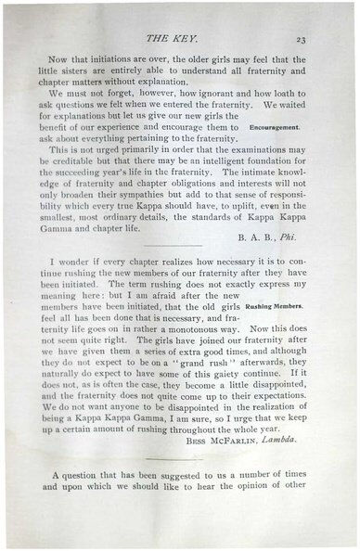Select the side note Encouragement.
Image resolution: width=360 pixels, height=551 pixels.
[x=275, y=127]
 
